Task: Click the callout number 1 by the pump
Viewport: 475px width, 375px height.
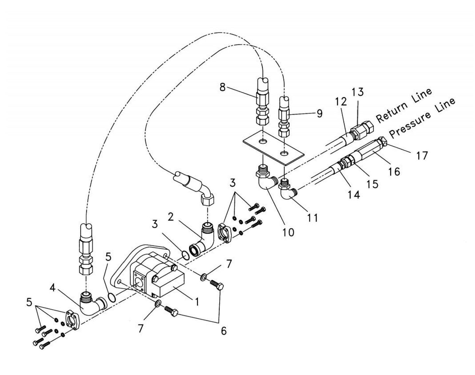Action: (197, 301)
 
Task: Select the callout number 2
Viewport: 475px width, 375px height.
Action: (171, 216)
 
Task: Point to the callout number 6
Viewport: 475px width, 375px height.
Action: (224, 331)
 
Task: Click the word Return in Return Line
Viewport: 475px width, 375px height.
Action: (392, 109)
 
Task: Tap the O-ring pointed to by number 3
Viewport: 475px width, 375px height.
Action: (185, 255)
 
